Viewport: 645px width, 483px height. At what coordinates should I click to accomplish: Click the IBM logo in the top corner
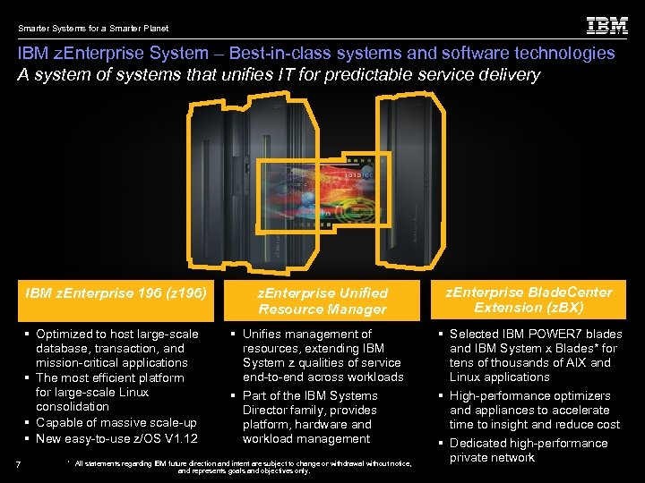[x=606, y=25]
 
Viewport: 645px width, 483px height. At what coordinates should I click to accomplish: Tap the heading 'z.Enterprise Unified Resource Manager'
[x=322, y=301]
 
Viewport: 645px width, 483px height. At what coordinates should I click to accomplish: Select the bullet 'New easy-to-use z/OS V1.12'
[x=116, y=438]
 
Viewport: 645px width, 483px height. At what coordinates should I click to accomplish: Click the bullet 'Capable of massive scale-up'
[x=116, y=422]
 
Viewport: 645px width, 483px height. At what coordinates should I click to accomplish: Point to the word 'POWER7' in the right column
[x=558, y=334]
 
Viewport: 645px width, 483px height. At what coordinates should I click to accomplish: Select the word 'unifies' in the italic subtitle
[x=219, y=74]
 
